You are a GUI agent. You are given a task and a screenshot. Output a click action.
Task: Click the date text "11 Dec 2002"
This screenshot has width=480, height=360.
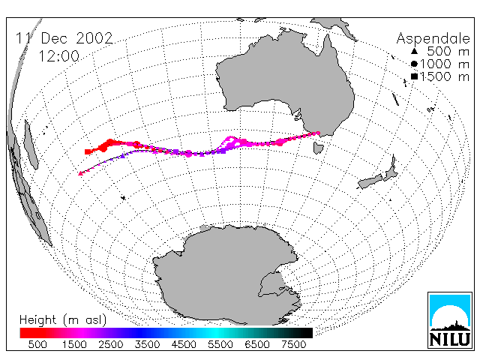click(x=64, y=38)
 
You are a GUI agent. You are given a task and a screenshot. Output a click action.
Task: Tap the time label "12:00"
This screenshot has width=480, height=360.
click(x=59, y=56)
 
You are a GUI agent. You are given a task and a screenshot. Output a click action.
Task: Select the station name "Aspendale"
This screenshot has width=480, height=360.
click(x=433, y=38)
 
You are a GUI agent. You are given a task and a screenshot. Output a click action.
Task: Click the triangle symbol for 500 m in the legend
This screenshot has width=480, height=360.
click(x=414, y=51)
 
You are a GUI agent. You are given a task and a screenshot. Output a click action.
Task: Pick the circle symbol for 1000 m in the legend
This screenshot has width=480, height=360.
click(x=414, y=64)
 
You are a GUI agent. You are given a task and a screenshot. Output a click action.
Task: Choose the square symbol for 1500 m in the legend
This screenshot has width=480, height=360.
click(x=414, y=76)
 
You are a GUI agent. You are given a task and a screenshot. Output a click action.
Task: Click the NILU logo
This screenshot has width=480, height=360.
click(x=450, y=320)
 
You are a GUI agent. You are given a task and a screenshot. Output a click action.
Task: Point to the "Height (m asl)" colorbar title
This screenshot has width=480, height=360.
click(x=63, y=320)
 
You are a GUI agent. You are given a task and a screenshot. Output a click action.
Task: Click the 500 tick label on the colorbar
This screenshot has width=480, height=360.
click(x=37, y=344)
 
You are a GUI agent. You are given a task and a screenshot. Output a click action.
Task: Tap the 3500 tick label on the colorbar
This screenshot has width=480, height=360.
click(x=147, y=344)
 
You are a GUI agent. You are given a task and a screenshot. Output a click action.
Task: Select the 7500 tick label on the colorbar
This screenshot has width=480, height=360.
click(x=293, y=344)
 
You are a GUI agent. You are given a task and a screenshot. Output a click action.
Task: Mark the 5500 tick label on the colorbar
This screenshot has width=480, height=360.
click(x=220, y=344)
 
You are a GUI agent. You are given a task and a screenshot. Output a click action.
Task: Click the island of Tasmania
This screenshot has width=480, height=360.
click(x=318, y=148)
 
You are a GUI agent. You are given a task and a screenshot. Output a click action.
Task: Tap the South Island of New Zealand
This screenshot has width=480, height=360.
click(x=370, y=181)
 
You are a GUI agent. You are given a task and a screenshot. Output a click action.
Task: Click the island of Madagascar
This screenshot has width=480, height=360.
click(x=31, y=145)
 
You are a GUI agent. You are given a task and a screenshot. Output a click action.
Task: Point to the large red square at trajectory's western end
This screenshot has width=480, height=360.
click(x=88, y=151)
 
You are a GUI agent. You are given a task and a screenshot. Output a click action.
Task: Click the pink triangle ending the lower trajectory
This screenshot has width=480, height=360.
click(x=80, y=173)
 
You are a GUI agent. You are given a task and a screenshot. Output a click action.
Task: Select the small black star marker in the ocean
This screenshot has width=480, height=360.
click(x=123, y=198)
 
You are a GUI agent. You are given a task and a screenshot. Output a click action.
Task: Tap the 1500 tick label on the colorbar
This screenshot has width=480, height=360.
click(x=74, y=344)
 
